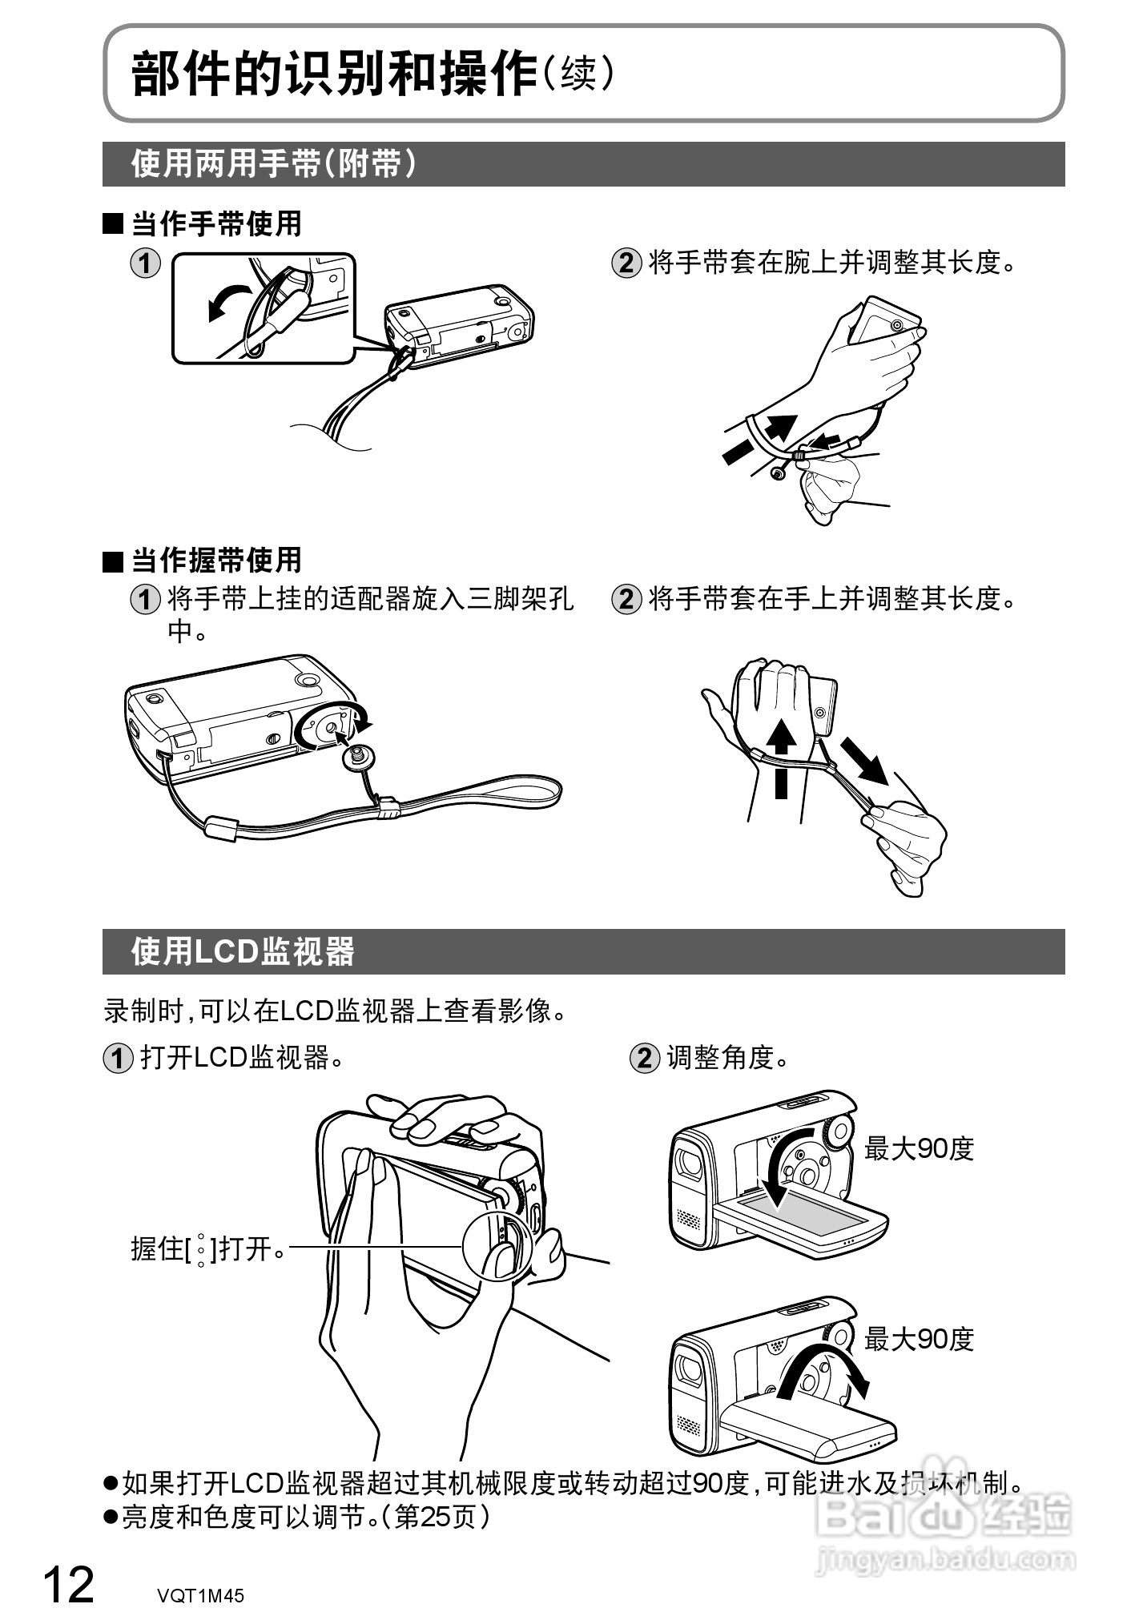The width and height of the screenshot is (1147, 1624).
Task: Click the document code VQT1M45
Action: pyautogui.click(x=200, y=1595)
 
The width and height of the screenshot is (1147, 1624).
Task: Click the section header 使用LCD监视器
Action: pyautogui.click(x=243, y=951)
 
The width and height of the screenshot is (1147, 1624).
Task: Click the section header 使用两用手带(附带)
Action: pyautogui.click(x=273, y=164)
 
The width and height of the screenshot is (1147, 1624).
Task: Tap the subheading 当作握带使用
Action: pyautogui.click(x=215, y=560)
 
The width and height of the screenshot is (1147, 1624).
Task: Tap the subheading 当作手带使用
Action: pyautogui.click(x=215, y=223)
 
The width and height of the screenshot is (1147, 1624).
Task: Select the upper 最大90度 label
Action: pyautogui.click(x=918, y=1148)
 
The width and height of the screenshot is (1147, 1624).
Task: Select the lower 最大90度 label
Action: pyautogui.click(x=918, y=1338)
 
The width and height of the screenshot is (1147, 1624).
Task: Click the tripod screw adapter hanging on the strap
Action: pyautogui.click(x=357, y=755)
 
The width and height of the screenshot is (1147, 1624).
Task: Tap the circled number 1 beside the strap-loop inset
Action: pyautogui.click(x=145, y=263)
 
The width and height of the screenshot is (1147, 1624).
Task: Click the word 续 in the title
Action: pyautogui.click(x=578, y=74)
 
